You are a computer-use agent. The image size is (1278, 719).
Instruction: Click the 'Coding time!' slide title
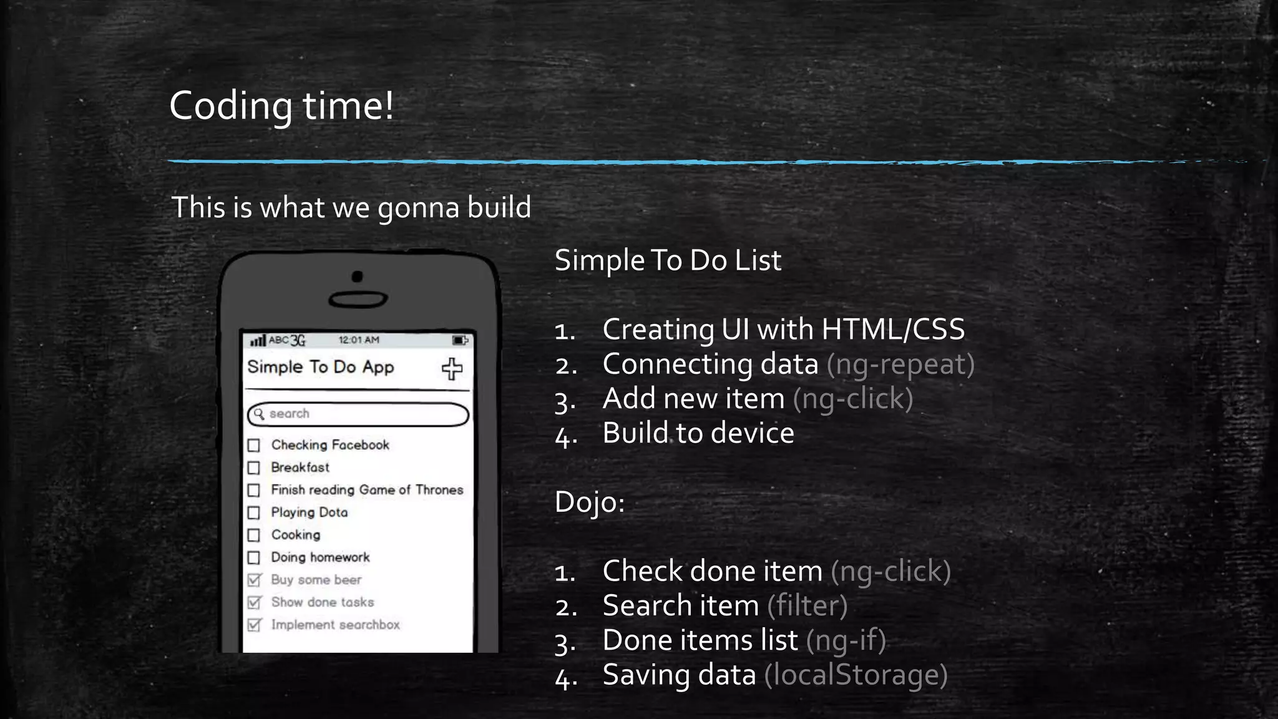pos(281,105)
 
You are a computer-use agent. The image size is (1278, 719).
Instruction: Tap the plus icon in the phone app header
pos(452,369)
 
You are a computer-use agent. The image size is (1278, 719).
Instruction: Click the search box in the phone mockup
pos(358,414)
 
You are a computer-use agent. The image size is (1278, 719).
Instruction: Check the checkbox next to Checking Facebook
pos(254,446)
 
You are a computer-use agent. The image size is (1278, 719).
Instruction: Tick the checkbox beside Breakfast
pos(254,468)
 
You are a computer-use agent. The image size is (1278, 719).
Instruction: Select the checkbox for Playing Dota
pos(254,513)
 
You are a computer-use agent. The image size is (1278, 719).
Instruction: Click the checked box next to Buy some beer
pos(254,580)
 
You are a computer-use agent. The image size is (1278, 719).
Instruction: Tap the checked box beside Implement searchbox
pos(254,625)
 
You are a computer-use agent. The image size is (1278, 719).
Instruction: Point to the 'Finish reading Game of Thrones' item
pos(367,490)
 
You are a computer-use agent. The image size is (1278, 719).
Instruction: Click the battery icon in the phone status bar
pos(460,340)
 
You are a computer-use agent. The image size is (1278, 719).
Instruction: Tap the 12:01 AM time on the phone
pos(359,340)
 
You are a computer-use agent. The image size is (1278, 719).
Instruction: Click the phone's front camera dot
pos(358,276)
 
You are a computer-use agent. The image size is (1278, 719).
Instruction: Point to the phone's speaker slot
pos(358,300)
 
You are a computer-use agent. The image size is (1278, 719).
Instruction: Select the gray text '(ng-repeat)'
pos(900,364)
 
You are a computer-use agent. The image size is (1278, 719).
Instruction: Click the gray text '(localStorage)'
pos(856,675)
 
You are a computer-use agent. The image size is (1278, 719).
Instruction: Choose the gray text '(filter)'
pos(807,606)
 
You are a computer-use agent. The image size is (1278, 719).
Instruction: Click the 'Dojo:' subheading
pos(590,502)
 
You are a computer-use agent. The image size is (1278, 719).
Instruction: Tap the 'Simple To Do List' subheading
pos(668,260)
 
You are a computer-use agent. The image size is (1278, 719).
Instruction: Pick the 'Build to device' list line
pos(698,433)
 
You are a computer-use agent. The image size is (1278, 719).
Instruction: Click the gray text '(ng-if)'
pos(846,641)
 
